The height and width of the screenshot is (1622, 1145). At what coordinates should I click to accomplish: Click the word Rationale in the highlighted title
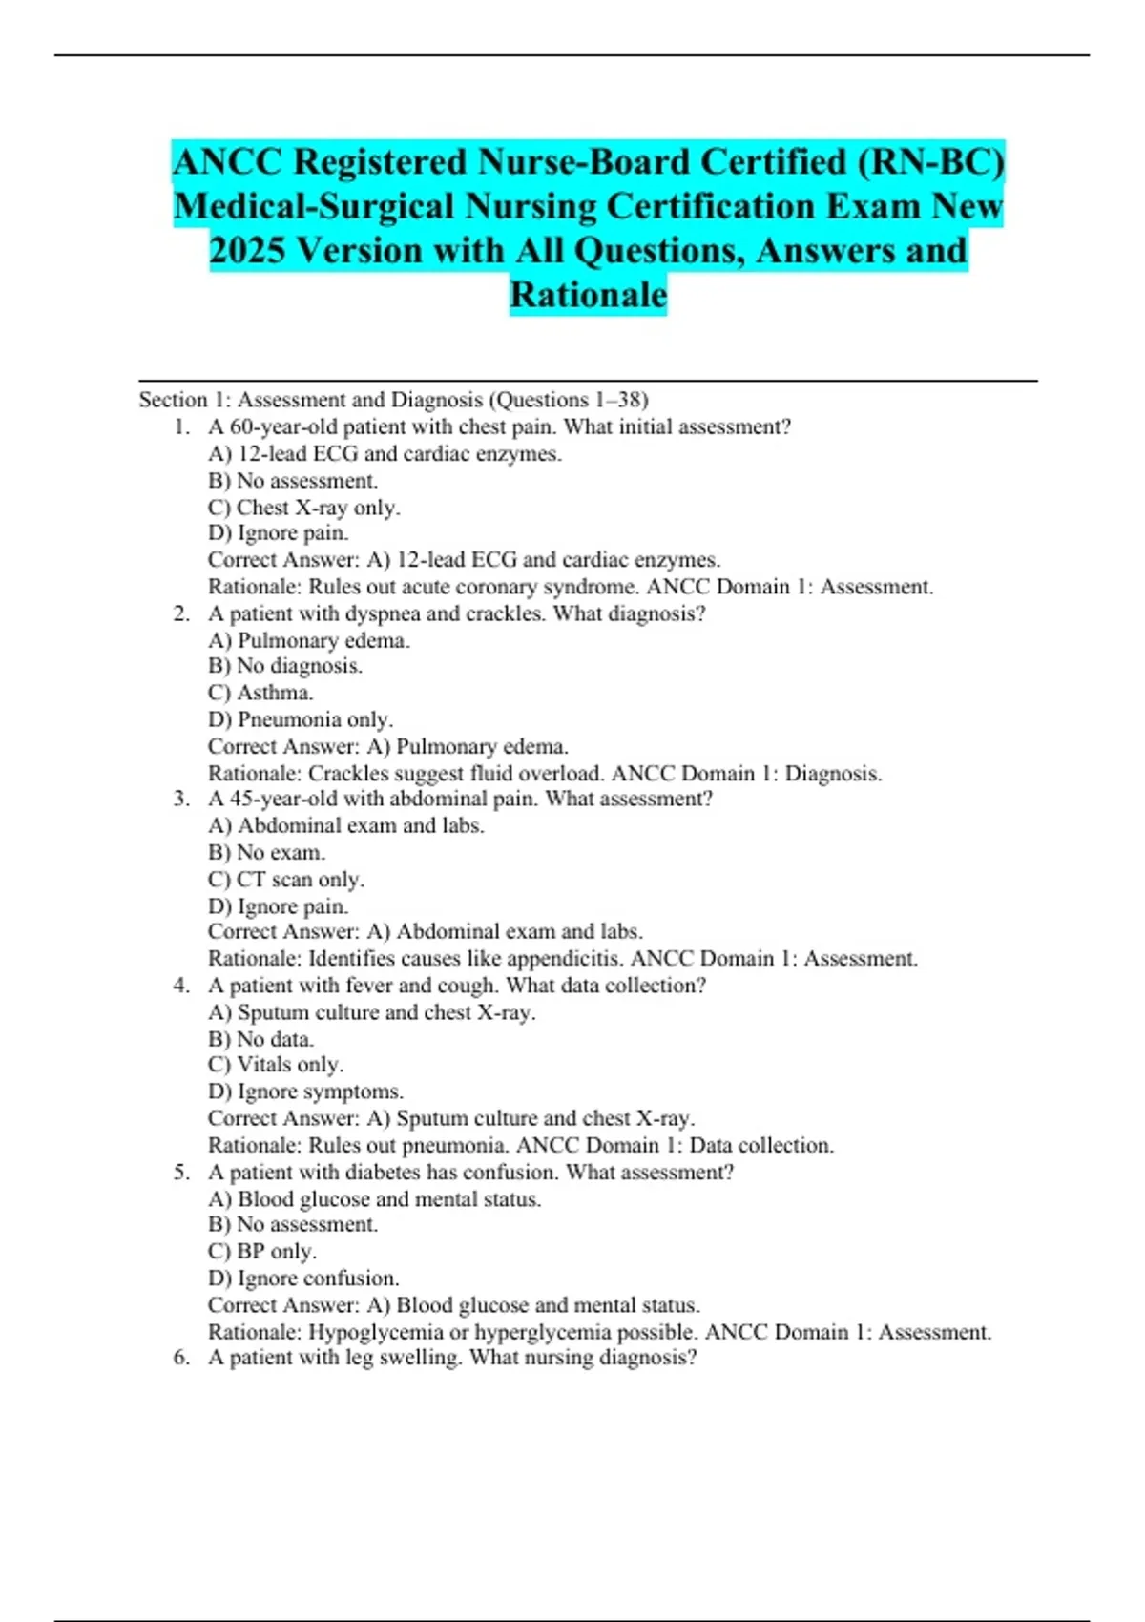pyautogui.click(x=588, y=295)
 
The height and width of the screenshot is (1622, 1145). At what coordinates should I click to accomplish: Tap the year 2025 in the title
pyautogui.click(x=247, y=251)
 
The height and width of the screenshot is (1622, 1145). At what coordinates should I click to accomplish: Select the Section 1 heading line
pyautogui.click(x=393, y=400)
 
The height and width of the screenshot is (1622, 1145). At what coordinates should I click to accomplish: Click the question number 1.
pyautogui.click(x=180, y=427)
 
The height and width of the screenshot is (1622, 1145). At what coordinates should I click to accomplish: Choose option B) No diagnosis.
pyautogui.click(x=285, y=666)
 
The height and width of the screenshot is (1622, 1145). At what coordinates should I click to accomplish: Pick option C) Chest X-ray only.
pyautogui.click(x=303, y=508)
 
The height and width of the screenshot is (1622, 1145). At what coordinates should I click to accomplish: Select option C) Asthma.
pyautogui.click(x=260, y=693)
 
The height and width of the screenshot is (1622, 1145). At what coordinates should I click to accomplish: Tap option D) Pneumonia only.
pyautogui.click(x=301, y=719)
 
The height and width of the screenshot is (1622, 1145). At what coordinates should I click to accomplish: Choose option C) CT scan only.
pyautogui.click(x=286, y=879)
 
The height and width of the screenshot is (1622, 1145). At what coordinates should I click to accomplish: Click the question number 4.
pyautogui.click(x=180, y=986)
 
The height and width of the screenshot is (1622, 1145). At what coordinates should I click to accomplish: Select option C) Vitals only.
pyautogui.click(x=276, y=1065)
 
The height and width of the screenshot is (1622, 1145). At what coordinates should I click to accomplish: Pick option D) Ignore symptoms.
pyautogui.click(x=305, y=1092)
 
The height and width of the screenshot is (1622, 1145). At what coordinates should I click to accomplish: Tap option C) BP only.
pyautogui.click(x=262, y=1251)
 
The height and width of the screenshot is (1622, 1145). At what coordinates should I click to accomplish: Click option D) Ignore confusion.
pyautogui.click(x=303, y=1278)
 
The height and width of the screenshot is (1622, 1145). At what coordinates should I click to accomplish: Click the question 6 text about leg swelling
pyautogui.click(x=452, y=1358)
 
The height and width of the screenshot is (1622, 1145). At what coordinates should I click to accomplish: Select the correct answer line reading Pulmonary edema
pyautogui.click(x=387, y=746)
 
